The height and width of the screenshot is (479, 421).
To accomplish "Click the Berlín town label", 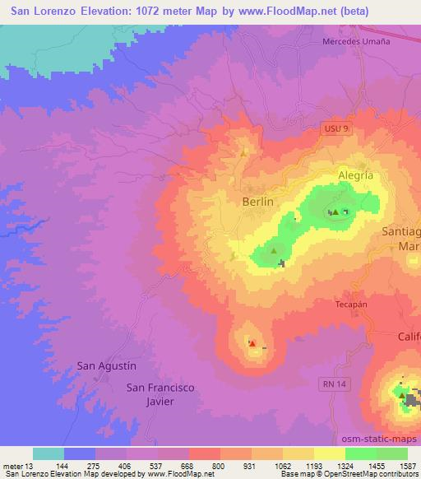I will coord(257,200).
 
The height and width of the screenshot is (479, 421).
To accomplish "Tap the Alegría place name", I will coord(355,175).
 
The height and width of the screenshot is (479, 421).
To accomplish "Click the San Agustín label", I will coord(105,365).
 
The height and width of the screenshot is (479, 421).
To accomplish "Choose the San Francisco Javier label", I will coord(160,393).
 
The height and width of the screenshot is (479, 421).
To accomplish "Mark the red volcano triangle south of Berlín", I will coord(252,344).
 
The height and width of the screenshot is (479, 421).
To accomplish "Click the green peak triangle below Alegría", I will coord(335,212).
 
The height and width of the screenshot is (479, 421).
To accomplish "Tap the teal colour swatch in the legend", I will coord(49,453).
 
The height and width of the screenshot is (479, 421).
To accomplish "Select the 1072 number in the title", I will coord(164,12).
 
